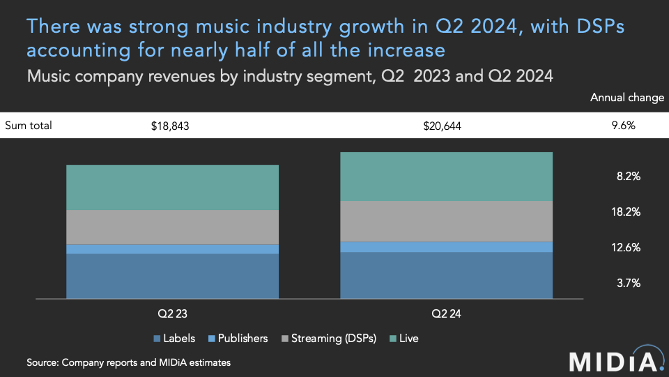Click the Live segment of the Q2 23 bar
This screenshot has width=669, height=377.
(172, 187)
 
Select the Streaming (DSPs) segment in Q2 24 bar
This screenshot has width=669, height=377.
(446, 221)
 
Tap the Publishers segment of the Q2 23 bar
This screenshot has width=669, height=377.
(172, 249)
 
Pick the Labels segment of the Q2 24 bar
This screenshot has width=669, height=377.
(446, 275)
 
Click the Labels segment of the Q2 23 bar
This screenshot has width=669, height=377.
(172, 276)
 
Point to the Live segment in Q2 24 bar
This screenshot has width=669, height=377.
(446, 176)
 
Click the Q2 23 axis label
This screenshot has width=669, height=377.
(172, 314)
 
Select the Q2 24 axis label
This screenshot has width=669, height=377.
(446, 314)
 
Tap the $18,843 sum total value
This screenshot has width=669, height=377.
(170, 126)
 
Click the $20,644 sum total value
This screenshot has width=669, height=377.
(443, 126)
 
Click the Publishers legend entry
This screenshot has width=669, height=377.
(237, 339)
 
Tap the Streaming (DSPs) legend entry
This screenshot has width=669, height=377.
(328, 339)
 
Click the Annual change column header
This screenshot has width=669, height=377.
(626, 98)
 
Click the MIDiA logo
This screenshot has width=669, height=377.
(614, 361)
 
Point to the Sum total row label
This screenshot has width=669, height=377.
(29, 126)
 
